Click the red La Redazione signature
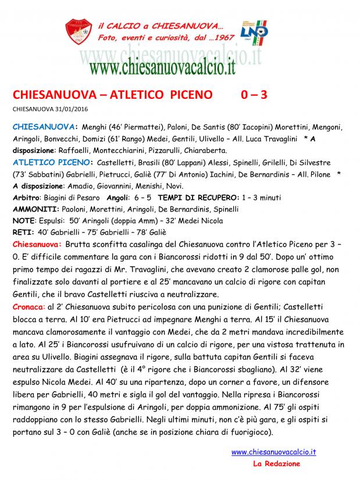click(x=276, y=464)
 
